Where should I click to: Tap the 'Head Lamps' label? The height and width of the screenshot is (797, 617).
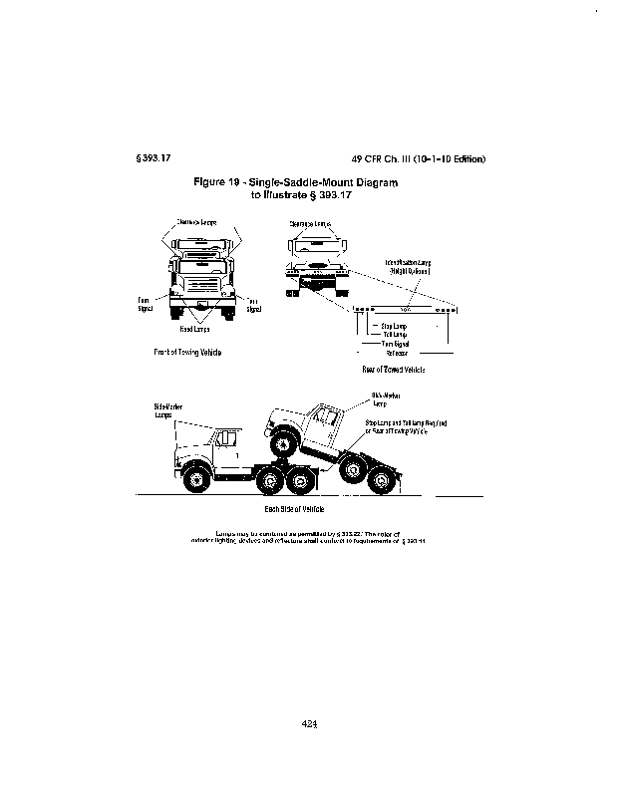click(x=194, y=328)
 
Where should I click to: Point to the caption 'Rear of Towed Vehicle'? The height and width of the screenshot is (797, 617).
click(x=394, y=369)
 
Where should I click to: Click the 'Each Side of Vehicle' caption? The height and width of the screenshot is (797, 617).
click(x=309, y=509)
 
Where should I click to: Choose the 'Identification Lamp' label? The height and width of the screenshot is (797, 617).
click(x=408, y=263)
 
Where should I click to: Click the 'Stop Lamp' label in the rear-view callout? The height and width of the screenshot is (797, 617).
click(x=392, y=325)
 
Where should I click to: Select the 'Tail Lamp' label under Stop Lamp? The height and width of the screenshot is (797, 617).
click(x=394, y=334)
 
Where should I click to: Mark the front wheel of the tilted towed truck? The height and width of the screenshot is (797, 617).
click(x=282, y=439)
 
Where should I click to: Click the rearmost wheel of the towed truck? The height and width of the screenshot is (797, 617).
click(x=379, y=483)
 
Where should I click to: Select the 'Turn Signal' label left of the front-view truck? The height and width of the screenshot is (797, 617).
click(x=145, y=305)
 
